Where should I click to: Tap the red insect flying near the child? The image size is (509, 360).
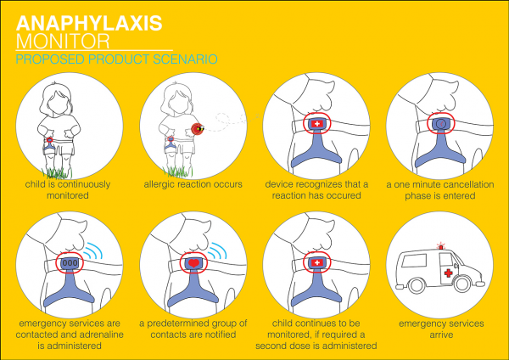pos(198,129)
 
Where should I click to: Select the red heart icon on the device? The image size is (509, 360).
pos(194,263)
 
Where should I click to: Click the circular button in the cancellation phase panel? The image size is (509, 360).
pos(442,125)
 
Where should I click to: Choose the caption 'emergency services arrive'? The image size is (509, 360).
pos(441,329)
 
